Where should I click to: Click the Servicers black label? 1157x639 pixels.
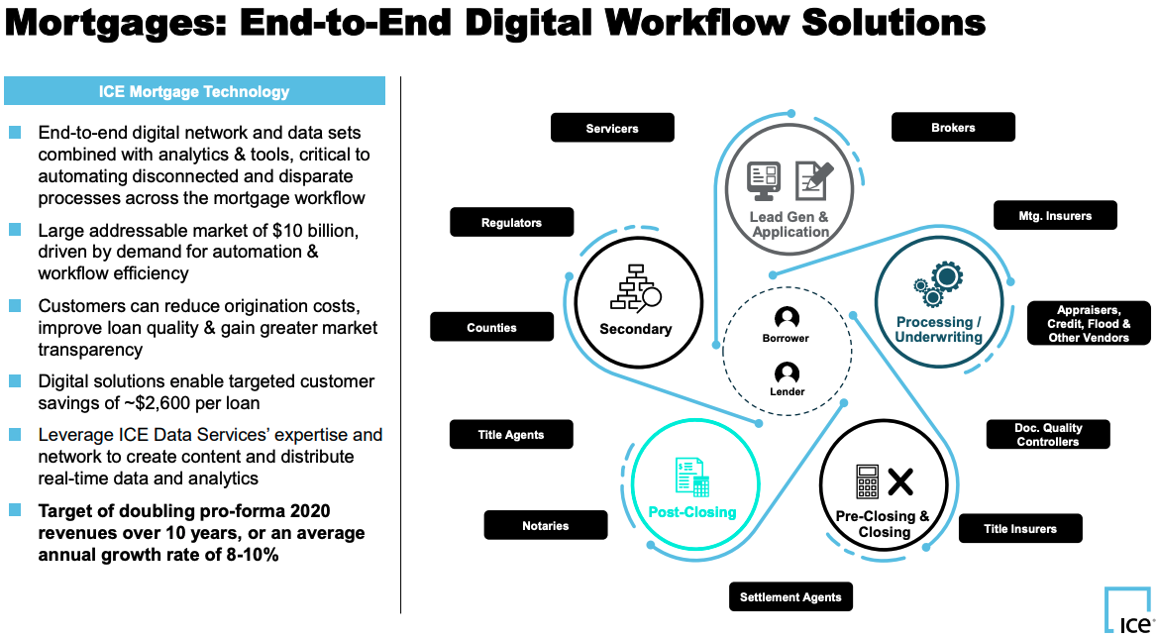tap(612, 128)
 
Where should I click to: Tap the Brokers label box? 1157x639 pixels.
tap(953, 127)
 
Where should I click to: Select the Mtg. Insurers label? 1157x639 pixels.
tap(1055, 215)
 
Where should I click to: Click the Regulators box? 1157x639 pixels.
tap(511, 222)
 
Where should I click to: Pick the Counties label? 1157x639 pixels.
tap(491, 327)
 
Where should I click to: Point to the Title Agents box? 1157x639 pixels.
tap(511, 435)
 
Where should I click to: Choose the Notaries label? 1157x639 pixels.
tap(545, 525)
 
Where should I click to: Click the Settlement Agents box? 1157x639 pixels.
tap(791, 597)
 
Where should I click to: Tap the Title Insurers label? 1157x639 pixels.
tap(1020, 528)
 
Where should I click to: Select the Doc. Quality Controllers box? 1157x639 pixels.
tap(1048, 435)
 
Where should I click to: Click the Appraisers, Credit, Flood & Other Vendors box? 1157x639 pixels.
tap(1089, 323)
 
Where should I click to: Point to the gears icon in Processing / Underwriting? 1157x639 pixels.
tap(938, 284)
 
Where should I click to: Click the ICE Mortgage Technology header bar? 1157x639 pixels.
tap(195, 91)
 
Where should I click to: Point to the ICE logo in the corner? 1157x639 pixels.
tap(1129, 609)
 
